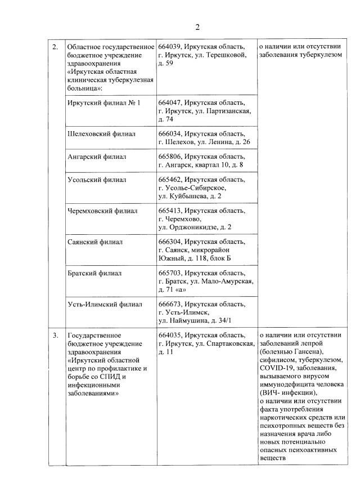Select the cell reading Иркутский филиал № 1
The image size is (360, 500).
click(x=103, y=103)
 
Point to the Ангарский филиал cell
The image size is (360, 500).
click(x=96, y=157)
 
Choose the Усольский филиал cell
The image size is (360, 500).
click(x=96, y=180)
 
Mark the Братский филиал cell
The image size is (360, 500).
click(x=94, y=273)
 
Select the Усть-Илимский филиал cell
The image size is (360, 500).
click(x=104, y=304)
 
